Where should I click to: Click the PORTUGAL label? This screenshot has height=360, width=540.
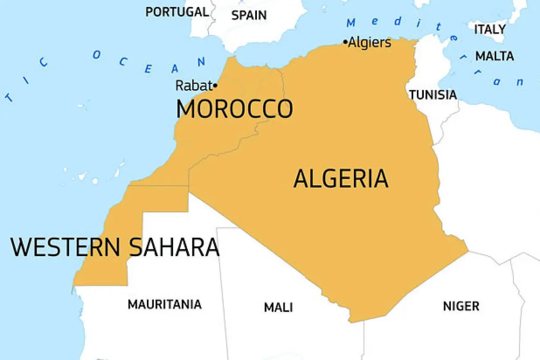[x=177, y=12]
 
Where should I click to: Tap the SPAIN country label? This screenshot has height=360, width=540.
[x=249, y=16]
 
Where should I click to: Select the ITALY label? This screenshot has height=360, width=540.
[x=490, y=29]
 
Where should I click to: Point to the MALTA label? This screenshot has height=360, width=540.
[x=494, y=56]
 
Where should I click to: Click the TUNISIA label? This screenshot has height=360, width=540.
[x=433, y=95]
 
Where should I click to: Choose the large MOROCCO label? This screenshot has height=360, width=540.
[x=234, y=109]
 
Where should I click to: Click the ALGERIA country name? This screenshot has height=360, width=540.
[x=341, y=179]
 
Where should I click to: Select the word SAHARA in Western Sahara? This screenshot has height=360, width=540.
[x=174, y=247]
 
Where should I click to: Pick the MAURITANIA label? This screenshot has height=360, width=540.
[x=164, y=304]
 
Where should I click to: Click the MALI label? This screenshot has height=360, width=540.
[x=278, y=307]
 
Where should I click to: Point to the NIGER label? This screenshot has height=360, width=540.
[x=461, y=306]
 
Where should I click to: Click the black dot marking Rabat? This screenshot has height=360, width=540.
[x=215, y=86]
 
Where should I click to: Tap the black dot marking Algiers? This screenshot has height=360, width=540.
[x=345, y=42]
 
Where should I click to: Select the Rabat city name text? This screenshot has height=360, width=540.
[x=194, y=85]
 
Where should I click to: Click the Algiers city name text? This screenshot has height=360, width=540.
[x=369, y=43]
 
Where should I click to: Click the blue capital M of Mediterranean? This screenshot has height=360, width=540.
[x=351, y=23]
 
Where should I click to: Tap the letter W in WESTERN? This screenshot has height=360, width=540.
[x=21, y=247]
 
